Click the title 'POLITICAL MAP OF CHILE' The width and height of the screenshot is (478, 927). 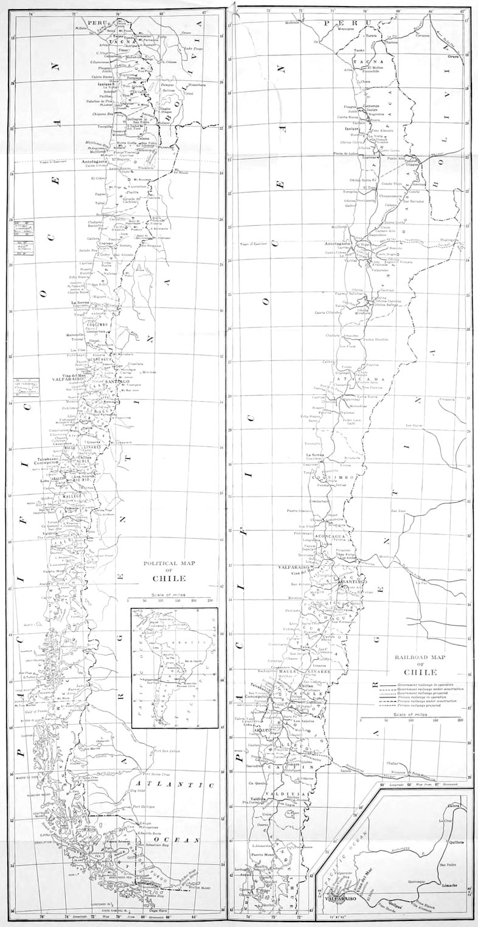pyautogui.click(x=169, y=571)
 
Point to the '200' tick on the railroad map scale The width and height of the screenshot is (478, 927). pyautogui.click(x=460, y=720)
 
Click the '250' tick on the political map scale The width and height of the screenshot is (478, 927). pyautogui.click(x=210, y=600)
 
